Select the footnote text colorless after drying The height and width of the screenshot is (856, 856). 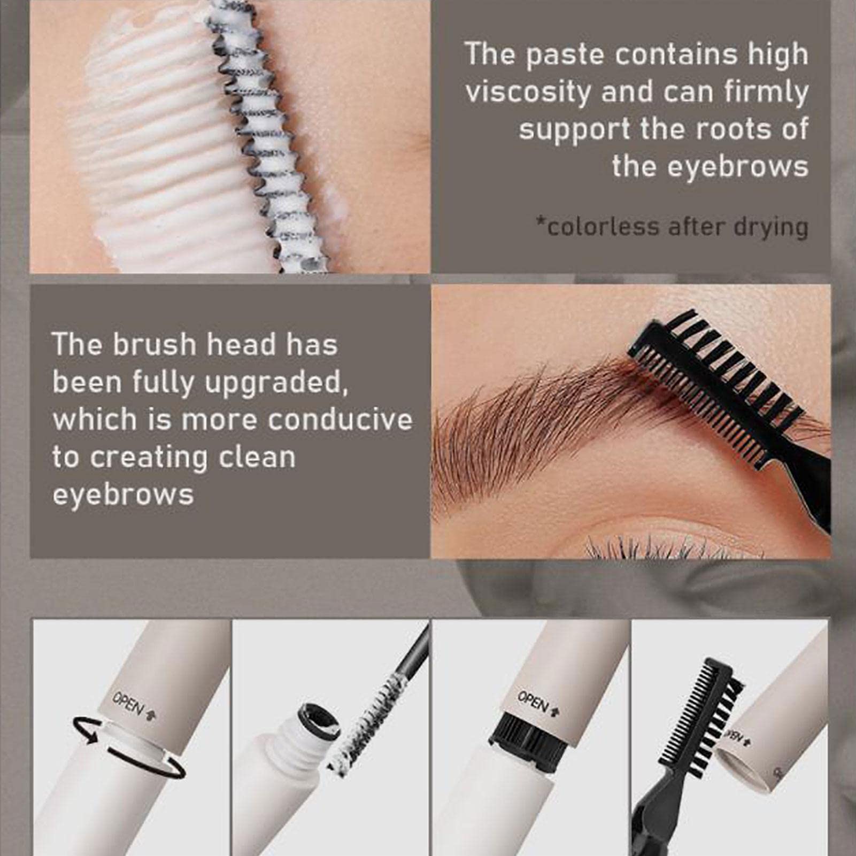672,227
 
